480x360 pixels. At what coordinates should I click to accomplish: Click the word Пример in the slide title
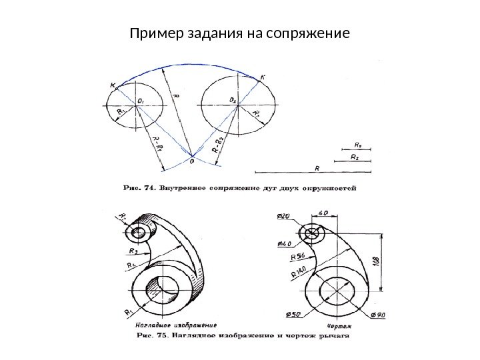tap(152, 32)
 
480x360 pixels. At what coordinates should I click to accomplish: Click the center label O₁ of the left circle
tap(141, 101)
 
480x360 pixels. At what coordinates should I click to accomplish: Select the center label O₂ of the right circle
tap(233, 100)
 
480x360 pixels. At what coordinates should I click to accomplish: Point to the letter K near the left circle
tap(114, 85)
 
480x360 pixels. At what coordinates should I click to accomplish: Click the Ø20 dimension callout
tap(283, 216)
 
